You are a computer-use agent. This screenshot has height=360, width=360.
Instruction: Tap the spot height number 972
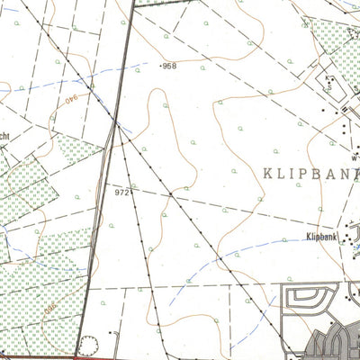[123, 192]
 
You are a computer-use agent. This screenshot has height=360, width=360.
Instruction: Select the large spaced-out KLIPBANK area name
[310, 172]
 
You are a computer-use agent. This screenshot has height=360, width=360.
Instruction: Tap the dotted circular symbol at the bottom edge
[88, 344]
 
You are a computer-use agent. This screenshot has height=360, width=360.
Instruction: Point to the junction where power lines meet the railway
[117, 124]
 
